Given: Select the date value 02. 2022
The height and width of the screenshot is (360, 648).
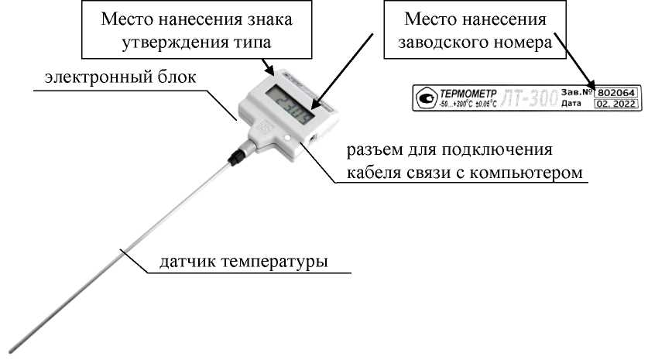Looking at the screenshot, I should (x=615, y=103).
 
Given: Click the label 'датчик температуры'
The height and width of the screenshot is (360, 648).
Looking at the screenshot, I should (x=244, y=262).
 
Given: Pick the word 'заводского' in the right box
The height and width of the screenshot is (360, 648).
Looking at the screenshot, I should (x=441, y=43).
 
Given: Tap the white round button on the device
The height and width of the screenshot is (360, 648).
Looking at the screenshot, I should (x=289, y=139).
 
